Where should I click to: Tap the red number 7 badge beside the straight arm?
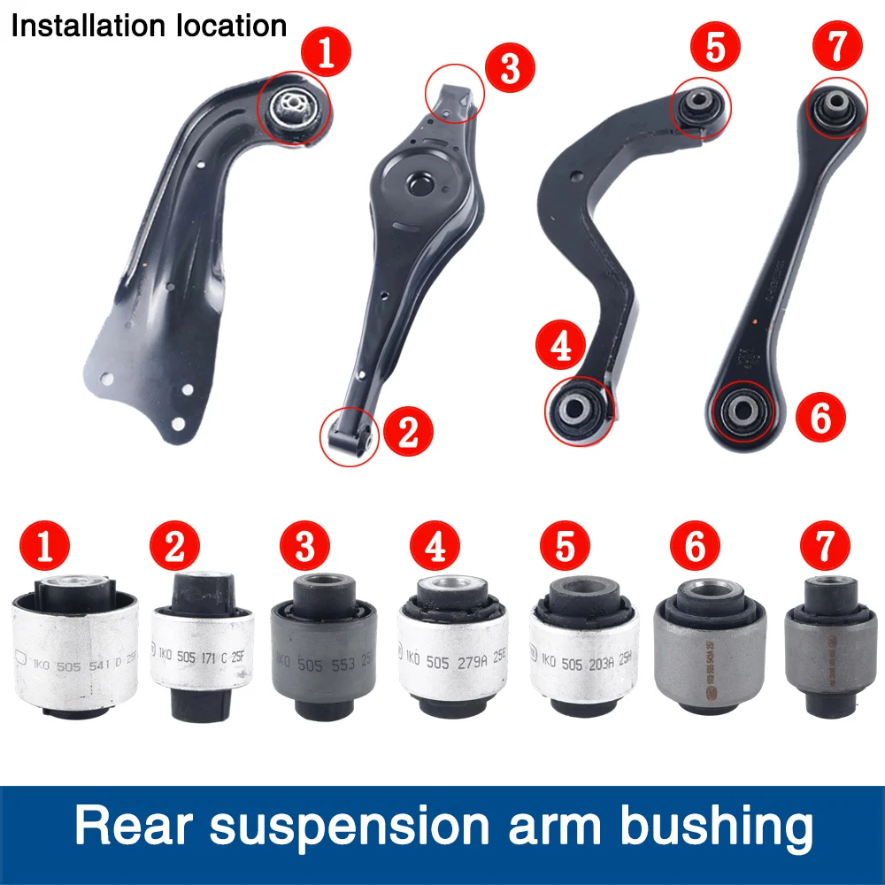[836, 45]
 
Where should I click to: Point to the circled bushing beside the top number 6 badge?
[742, 411]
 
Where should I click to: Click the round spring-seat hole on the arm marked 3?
[419, 183]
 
